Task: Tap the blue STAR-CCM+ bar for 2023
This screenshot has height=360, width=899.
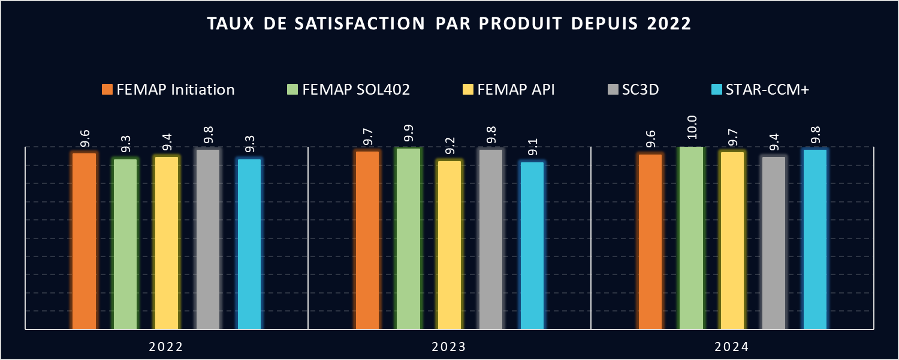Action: tap(532, 246)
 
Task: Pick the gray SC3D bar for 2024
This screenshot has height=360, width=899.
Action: tap(774, 243)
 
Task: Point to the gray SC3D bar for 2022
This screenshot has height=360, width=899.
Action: tap(208, 239)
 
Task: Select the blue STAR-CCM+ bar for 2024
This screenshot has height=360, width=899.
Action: tap(815, 239)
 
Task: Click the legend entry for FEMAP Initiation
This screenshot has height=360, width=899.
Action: tap(168, 90)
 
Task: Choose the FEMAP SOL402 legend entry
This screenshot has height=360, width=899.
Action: tap(348, 90)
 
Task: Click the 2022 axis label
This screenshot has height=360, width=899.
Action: tap(167, 347)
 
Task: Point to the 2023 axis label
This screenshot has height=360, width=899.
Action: tap(450, 347)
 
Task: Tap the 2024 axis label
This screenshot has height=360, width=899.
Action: tap(732, 347)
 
